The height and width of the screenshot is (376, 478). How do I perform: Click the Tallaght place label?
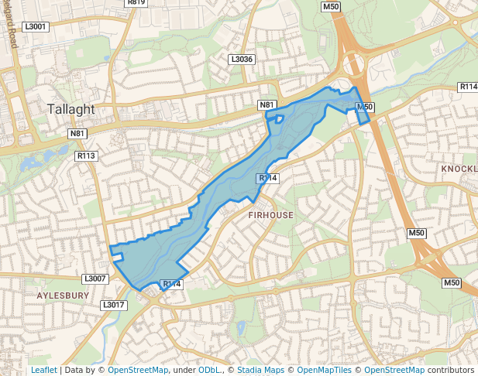tap(70, 109)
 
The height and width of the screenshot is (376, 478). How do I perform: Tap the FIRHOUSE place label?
tap(271, 214)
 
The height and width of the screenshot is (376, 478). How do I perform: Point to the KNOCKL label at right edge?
tap(458, 168)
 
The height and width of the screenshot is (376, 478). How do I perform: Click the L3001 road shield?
tap(36, 26)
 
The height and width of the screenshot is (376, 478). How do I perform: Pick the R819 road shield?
tap(136, 2)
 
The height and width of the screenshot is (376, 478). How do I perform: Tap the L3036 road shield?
tap(242, 59)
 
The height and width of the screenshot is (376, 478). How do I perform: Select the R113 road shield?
tap(86, 156)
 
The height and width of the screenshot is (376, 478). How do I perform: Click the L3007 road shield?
tap(94, 278)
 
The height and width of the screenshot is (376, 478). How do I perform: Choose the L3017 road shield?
tap(113, 306)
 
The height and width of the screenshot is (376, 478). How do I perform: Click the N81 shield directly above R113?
tap(77, 134)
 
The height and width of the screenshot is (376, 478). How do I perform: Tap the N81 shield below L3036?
tap(267, 104)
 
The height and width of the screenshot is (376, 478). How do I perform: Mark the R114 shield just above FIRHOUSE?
tap(267, 178)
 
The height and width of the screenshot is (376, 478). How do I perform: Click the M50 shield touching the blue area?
tap(365, 107)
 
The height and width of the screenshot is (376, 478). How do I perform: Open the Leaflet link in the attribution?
tap(43, 370)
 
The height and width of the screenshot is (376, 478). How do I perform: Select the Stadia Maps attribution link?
tap(260, 370)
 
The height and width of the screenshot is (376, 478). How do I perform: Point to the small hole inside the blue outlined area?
tap(280, 119)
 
